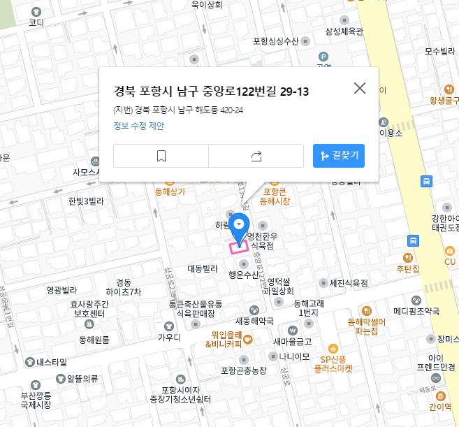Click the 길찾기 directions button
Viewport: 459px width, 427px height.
point(339,156)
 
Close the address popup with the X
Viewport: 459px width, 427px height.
point(360,88)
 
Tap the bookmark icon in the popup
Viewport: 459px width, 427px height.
point(161,157)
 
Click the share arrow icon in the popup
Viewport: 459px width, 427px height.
point(256,157)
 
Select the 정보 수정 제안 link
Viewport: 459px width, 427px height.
point(138,126)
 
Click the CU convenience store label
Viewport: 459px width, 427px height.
point(450,261)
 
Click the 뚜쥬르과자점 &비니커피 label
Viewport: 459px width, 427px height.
point(227,339)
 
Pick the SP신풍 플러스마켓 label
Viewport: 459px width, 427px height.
point(333,363)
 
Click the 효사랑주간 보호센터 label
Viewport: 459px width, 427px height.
point(89,309)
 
